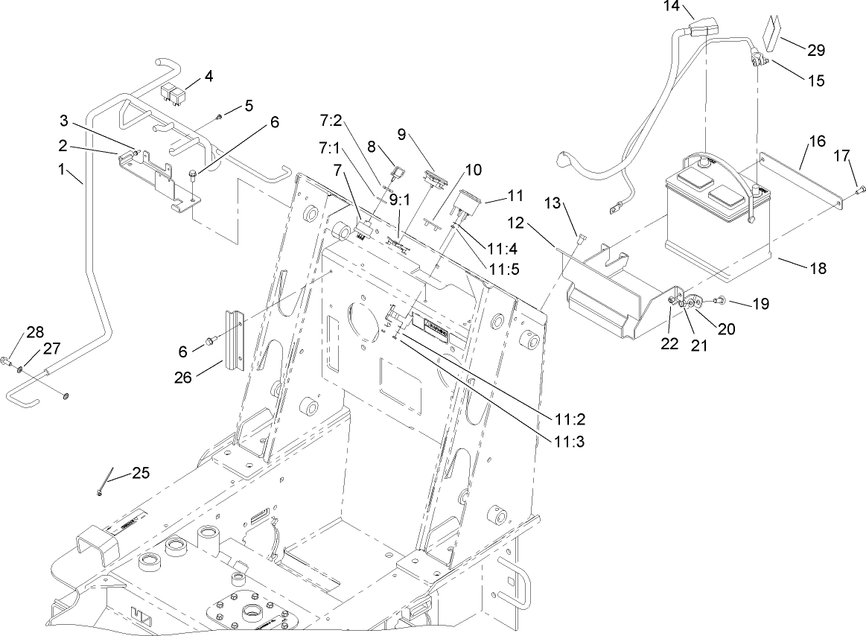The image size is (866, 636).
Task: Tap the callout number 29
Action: tap(816, 50)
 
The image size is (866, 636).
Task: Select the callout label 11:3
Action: tap(570, 441)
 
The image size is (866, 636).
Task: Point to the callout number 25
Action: tap(141, 473)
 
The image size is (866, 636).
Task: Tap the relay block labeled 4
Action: tap(176, 93)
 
